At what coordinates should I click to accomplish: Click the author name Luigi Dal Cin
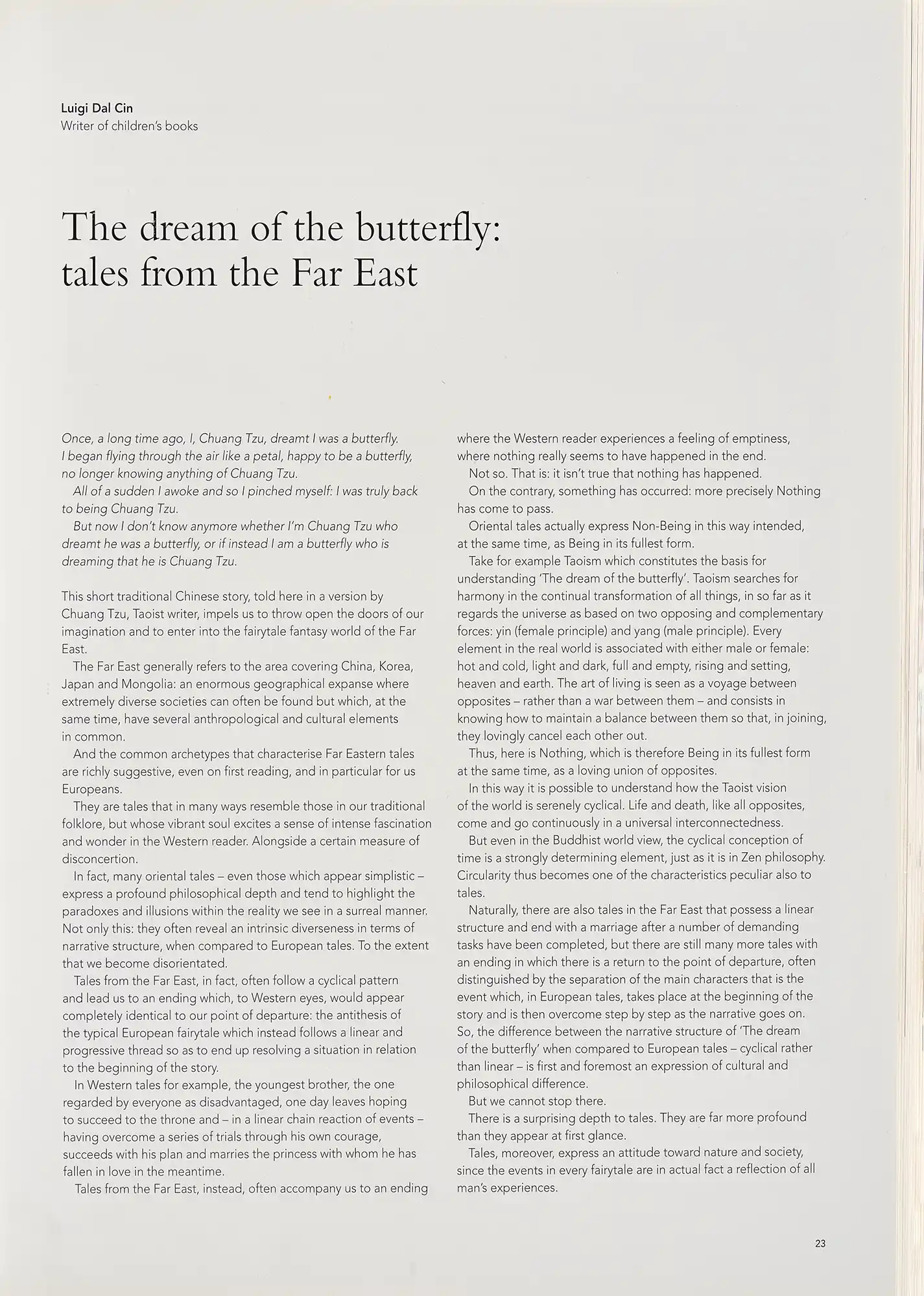coord(97,108)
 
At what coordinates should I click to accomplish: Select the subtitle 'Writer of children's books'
coord(129,126)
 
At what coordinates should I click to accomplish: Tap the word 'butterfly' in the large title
coord(423,228)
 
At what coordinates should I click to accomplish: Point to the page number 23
coord(820,1244)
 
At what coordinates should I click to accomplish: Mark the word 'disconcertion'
coord(99,859)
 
